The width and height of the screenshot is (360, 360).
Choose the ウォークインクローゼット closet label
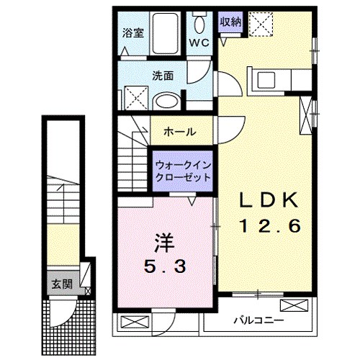coord(182,171)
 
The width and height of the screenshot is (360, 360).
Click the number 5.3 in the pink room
coord(165,266)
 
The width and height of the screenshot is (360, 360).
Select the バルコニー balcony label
coord(258,320)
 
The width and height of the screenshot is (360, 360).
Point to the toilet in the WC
coord(201,19)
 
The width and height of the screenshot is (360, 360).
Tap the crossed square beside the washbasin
coord(135,96)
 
